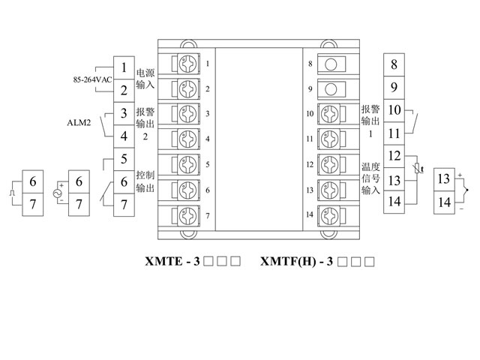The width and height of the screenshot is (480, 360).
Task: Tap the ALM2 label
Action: coord(79,125)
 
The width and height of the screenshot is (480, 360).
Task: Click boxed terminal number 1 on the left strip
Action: coord(123,67)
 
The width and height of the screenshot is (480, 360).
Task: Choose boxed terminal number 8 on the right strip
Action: coord(394,64)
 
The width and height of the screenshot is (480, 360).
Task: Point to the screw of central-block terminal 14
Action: coord(328,215)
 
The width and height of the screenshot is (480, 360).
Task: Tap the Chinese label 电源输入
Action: coord(145,79)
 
